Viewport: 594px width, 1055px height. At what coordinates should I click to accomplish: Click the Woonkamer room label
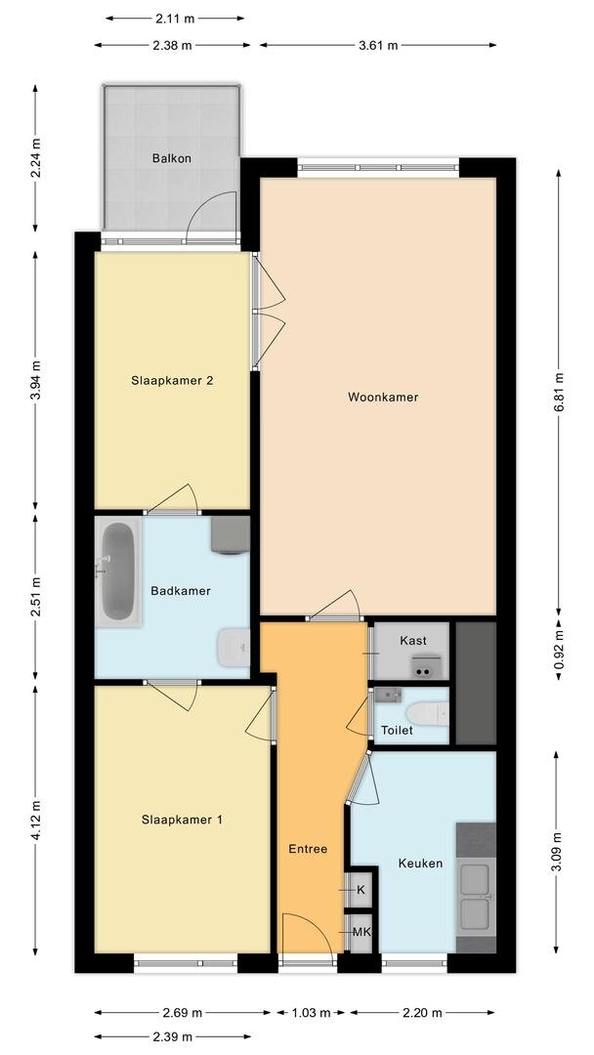tap(383, 398)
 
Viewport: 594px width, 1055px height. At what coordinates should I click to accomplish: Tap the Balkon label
tap(171, 157)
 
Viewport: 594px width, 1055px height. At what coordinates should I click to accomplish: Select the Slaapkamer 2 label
tap(172, 381)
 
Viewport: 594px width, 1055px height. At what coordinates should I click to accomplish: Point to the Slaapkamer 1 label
tap(182, 820)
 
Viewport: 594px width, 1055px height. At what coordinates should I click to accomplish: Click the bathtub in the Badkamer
tap(119, 571)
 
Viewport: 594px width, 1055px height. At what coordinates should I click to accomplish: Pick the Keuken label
tap(420, 864)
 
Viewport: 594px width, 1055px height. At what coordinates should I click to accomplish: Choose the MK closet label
tap(361, 932)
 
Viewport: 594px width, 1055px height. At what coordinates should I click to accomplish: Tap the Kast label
tap(414, 641)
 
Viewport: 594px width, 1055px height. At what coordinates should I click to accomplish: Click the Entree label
tap(308, 849)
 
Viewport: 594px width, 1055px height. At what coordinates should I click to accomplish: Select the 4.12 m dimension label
tap(36, 821)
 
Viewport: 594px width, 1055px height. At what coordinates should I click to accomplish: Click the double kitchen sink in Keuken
tap(476, 897)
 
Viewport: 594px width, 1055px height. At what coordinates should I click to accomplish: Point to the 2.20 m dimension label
tap(423, 1012)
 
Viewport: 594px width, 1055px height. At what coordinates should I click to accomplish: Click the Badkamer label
tap(180, 591)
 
